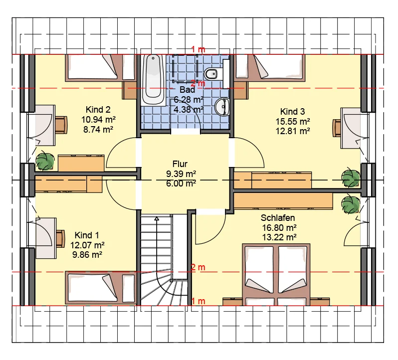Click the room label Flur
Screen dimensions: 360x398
[180, 164]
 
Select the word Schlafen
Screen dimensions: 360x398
[278, 218]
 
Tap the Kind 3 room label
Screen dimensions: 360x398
[292, 111]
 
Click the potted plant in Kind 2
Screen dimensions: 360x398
[45, 161]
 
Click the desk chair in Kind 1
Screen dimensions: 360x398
[60, 238]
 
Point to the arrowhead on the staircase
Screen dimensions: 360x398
[157, 218]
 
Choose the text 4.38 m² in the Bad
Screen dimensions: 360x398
[188, 109]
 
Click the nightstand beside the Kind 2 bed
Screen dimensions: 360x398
[130, 90]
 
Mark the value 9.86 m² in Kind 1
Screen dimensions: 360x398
[87, 254]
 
